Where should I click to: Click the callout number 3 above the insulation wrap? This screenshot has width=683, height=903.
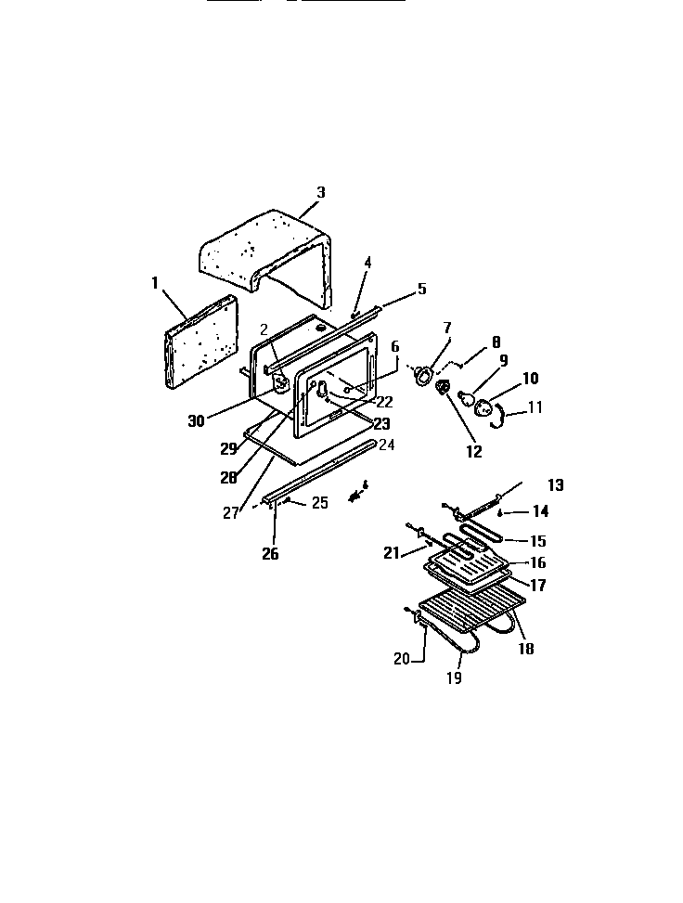click(320, 193)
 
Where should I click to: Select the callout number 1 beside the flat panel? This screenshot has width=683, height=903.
click(155, 281)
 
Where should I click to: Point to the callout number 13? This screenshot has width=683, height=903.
click(555, 485)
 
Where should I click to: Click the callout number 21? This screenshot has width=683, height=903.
click(391, 553)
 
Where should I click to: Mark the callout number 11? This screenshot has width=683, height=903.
click(535, 406)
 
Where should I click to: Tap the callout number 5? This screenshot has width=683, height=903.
click(421, 289)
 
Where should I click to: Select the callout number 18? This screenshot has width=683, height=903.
click(526, 649)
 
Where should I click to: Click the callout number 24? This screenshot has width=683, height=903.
click(386, 445)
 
